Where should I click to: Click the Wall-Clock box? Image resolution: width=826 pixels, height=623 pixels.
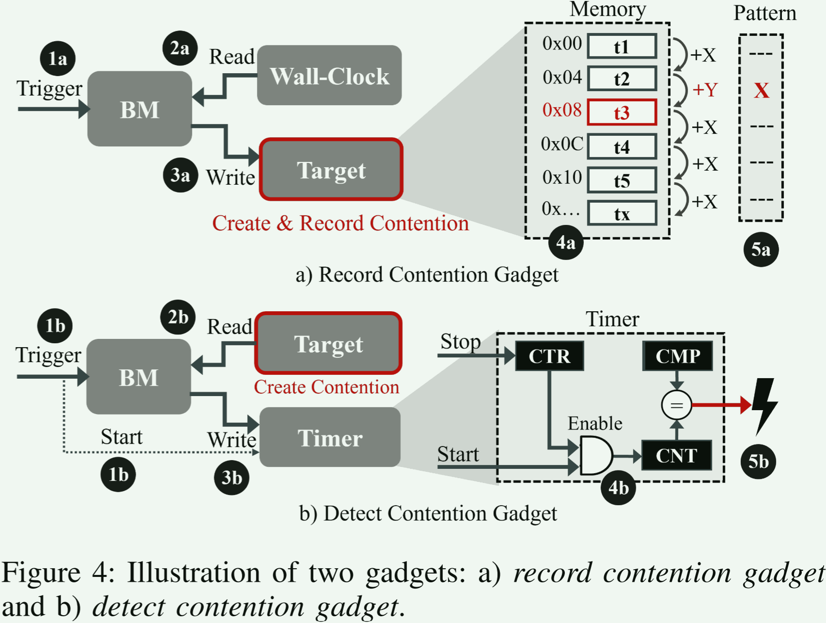coord(329,76)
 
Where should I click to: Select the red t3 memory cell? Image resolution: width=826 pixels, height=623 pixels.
coord(622,112)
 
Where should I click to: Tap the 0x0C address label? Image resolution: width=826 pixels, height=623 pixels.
coord(562,144)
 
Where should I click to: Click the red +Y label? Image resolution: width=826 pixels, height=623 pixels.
coord(704,90)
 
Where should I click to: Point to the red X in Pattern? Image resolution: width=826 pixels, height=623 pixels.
coord(761,91)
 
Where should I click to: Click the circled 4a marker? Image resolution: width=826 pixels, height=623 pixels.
coord(566,242)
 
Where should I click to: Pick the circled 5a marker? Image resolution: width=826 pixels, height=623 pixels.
coord(761,250)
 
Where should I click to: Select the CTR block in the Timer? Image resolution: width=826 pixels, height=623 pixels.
coord(549,356)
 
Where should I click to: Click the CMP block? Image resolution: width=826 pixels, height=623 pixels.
coord(678,356)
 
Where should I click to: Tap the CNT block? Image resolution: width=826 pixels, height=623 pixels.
coord(676,456)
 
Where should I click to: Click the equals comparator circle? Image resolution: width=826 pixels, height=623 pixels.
coord(676,405)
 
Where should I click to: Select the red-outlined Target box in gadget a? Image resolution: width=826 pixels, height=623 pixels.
coord(331,170)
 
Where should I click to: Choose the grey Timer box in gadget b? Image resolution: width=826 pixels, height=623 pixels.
coord(330,438)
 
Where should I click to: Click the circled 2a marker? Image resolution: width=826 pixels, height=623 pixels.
coord(180,48)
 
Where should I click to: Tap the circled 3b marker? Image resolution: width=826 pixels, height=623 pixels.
coord(232,478)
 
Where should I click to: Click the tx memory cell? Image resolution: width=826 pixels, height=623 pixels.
coord(622,214)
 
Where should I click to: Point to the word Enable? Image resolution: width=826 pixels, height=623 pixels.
coord(595,424)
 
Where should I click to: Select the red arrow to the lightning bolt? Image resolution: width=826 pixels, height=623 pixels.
coord(722,405)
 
